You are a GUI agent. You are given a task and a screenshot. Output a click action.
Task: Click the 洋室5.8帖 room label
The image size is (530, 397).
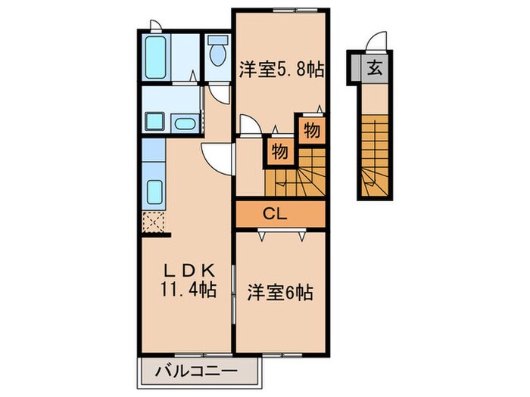(x=281, y=70)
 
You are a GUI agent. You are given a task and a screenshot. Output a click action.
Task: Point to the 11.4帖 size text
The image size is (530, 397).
(x=186, y=288)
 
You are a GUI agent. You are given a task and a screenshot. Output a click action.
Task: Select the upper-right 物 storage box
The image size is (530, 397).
(x=310, y=130)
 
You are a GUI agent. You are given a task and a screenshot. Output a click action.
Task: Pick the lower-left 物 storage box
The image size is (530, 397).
(x=278, y=152)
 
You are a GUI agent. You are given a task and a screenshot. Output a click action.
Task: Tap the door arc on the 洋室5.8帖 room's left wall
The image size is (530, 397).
(x=248, y=124)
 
